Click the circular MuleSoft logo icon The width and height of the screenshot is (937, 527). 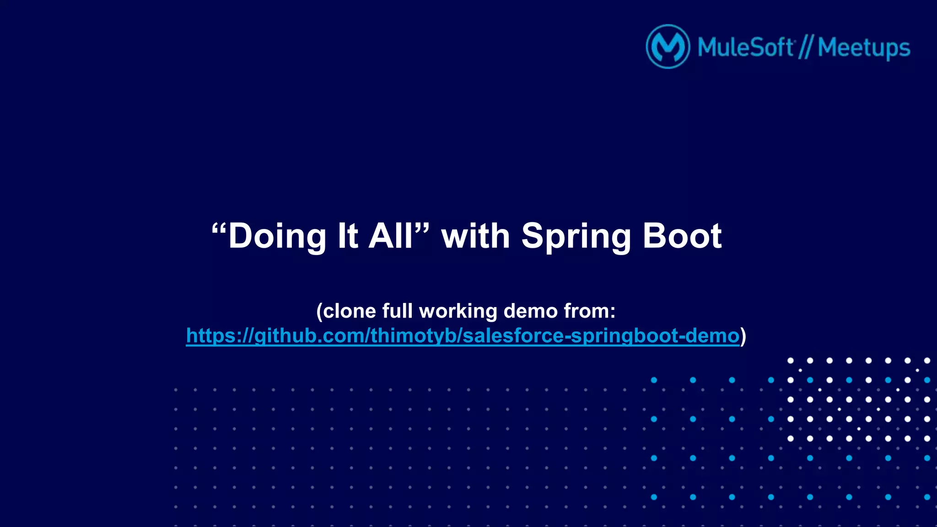668,47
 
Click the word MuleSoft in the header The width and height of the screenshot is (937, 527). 745,48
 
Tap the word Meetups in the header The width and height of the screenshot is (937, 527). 864,48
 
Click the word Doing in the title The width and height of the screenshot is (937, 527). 277,236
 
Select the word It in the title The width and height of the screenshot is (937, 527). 348,236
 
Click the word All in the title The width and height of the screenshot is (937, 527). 391,236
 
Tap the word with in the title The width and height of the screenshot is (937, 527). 475,236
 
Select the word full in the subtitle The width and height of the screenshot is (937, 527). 398,311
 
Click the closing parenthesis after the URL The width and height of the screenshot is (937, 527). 743,336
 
